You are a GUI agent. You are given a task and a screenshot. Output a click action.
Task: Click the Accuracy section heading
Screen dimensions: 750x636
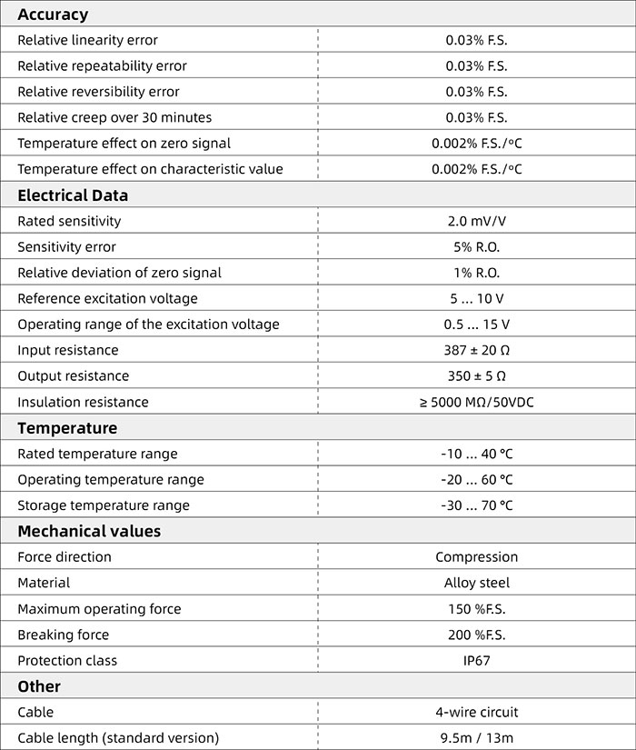point(53,14)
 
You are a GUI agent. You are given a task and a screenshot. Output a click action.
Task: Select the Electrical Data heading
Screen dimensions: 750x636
point(73,195)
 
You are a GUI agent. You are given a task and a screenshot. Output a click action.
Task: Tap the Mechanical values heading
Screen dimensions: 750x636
point(89,531)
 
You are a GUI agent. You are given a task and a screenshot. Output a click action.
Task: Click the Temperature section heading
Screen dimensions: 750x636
point(67,427)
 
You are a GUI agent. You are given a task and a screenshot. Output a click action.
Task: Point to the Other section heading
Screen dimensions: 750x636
point(39,686)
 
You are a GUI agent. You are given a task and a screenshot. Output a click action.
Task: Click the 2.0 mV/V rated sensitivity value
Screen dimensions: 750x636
point(476,221)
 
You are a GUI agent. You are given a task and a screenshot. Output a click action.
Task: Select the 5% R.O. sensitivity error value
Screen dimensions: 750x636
point(476,246)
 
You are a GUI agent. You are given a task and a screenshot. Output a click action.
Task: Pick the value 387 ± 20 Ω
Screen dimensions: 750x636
point(476,350)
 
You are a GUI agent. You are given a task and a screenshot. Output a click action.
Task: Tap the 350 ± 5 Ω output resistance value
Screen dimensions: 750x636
point(476,375)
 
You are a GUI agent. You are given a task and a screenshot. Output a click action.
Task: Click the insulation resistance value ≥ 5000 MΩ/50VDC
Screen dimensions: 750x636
point(476,402)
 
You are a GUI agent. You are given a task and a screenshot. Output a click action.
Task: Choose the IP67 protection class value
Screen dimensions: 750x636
point(476,660)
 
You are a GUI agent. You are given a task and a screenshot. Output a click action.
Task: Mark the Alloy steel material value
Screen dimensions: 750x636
point(476,583)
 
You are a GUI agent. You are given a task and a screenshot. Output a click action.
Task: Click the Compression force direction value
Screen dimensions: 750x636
point(476,556)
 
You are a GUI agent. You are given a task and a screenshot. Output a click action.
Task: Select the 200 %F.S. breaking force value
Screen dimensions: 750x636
point(476,635)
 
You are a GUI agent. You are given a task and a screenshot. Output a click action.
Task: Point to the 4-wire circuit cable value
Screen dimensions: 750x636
point(476,712)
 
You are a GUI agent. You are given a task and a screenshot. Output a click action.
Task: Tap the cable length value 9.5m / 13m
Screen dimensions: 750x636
point(476,737)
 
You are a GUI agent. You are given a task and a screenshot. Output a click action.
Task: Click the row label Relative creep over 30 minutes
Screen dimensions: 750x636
point(114,117)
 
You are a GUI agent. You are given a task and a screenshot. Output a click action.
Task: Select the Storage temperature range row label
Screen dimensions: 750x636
point(104,505)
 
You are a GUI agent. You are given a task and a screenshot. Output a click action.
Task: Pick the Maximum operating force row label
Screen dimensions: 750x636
point(99,608)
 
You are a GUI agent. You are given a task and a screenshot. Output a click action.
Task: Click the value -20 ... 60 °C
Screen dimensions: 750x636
point(476,479)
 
